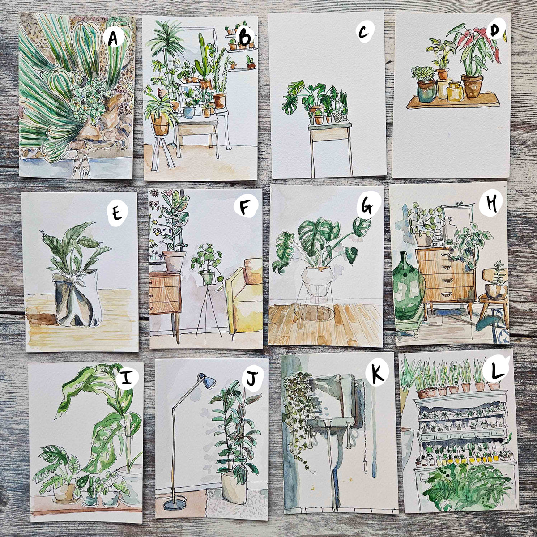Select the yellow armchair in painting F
click(243, 295)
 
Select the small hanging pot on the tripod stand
click(208, 278)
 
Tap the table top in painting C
click(329, 128)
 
